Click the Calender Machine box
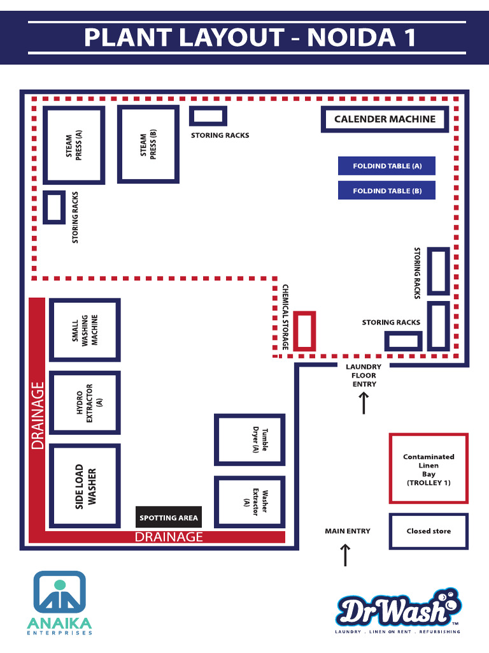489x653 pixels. pos(385,119)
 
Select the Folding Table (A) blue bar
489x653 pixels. pos(386,166)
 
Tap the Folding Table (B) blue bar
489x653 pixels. pos(386,191)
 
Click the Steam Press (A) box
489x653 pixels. pos(74,145)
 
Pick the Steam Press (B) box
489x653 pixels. pos(148,145)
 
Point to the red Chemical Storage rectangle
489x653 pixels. pos(305,330)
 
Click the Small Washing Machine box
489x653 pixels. pos(85,330)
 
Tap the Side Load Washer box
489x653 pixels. pos(85,486)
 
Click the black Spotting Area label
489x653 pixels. pos(169,518)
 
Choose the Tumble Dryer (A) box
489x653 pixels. pos(250,440)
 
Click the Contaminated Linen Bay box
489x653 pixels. pos(429,469)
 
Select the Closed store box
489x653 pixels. pos(429,531)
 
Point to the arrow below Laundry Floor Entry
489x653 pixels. pos(364,404)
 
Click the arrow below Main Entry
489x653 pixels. pos(345,555)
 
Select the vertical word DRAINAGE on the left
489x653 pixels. pos(38,415)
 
